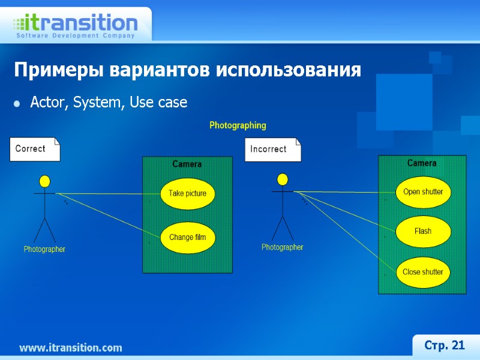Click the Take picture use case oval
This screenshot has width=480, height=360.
[187, 193]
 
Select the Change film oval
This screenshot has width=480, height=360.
[187, 237]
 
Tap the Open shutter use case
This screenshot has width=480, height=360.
[423, 192]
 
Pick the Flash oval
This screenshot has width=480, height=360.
[423, 231]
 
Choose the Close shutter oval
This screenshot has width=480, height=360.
[423, 272]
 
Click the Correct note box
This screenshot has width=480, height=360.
[35, 149]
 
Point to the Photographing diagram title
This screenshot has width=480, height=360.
[238, 126]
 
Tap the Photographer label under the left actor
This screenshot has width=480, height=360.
[44, 249]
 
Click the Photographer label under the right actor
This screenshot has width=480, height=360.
[282, 247]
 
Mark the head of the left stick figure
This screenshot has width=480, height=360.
[44, 181]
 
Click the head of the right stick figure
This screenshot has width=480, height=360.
[282, 179]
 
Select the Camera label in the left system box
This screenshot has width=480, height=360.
[187, 164]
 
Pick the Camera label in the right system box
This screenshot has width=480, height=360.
[422, 163]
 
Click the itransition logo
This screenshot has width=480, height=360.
[76, 25]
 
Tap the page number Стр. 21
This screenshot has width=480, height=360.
[445, 345]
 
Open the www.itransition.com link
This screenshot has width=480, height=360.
[70, 347]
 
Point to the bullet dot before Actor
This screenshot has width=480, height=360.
[17, 104]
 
